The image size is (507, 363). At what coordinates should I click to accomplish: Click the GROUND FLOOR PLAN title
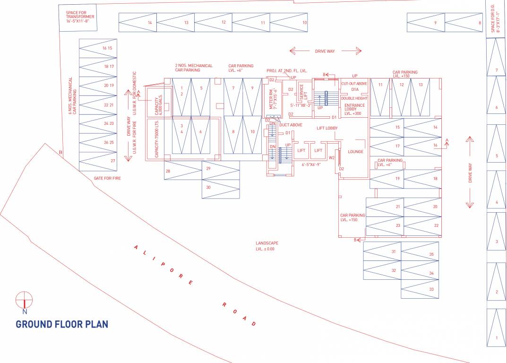62,324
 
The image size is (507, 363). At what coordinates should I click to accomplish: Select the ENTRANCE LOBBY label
354,109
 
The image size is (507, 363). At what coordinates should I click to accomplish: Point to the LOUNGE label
355,152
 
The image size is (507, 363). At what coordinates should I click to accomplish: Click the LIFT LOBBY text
327,128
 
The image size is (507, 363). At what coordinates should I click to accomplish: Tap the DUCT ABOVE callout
291,125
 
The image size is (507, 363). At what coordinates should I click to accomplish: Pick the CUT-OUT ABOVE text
354,84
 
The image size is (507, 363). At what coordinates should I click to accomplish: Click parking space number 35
431,254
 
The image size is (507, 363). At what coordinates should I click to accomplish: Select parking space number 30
208,187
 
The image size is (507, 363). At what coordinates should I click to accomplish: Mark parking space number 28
168,171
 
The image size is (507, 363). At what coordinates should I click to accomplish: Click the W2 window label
332,157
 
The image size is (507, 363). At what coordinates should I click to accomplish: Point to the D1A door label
355,89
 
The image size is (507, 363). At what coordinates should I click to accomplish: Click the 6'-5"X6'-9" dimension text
311,164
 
